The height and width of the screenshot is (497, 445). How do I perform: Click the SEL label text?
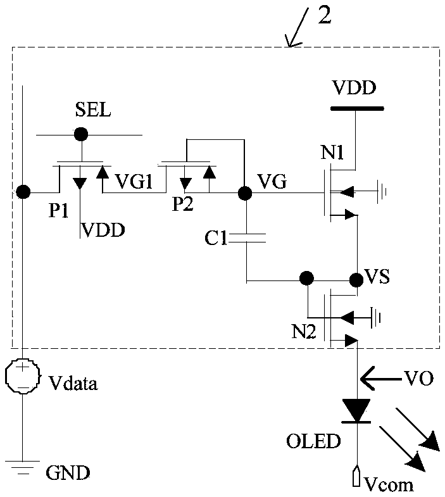click(x=93, y=110)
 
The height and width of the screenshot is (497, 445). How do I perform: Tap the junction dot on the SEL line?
click(x=81, y=134)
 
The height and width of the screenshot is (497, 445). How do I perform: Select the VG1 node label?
click(x=134, y=182)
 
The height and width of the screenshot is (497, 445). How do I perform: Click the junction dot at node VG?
click(x=245, y=192)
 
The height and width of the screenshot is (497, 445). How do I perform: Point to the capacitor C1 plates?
click(x=247, y=238)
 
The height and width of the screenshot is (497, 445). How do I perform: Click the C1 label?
click(x=216, y=237)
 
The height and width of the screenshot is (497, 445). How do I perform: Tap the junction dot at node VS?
click(x=356, y=280)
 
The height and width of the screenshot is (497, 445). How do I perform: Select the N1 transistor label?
click(x=332, y=153)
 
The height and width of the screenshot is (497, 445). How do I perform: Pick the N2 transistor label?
click(x=304, y=332)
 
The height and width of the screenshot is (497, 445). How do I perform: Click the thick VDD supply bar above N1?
click(x=357, y=108)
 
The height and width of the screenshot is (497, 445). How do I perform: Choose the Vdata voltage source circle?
click(x=23, y=376)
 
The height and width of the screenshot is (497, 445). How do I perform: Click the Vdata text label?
click(x=73, y=384)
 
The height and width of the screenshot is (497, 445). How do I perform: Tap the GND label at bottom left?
click(x=68, y=473)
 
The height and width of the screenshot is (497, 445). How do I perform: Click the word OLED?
click(x=313, y=441)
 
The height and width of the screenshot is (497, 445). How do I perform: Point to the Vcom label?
click(x=389, y=484)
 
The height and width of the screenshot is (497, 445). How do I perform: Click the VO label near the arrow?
click(x=418, y=378)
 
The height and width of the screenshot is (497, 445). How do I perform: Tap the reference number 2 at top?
click(x=325, y=15)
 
